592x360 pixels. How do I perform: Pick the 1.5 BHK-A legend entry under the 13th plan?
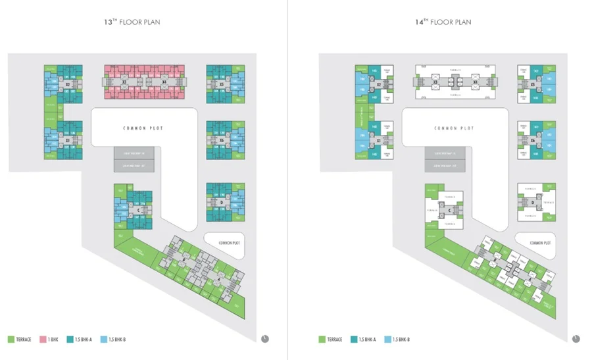pyautogui.click(x=78, y=340)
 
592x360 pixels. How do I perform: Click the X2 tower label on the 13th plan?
pyautogui.click(x=68, y=84)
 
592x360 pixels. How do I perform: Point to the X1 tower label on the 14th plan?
pyautogui.click(x=378, y=140)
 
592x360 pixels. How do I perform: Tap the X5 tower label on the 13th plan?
pyautogui.click(x=222, y=84)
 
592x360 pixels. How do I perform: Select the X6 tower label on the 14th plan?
pyautogui.click(x=533, y=140)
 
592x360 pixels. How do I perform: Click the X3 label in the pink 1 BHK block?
pyautogui.click(x=124, y=82)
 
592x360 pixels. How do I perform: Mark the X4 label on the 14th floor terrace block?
pyautogui.click(x=475, y=83)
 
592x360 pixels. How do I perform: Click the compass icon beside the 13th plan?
pyautogui.click(x=264, y=338)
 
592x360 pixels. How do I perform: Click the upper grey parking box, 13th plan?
pyautogui.click(x=134, y=154)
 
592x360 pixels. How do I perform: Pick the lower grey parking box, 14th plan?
pyautogui.click(x=445, y=167)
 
